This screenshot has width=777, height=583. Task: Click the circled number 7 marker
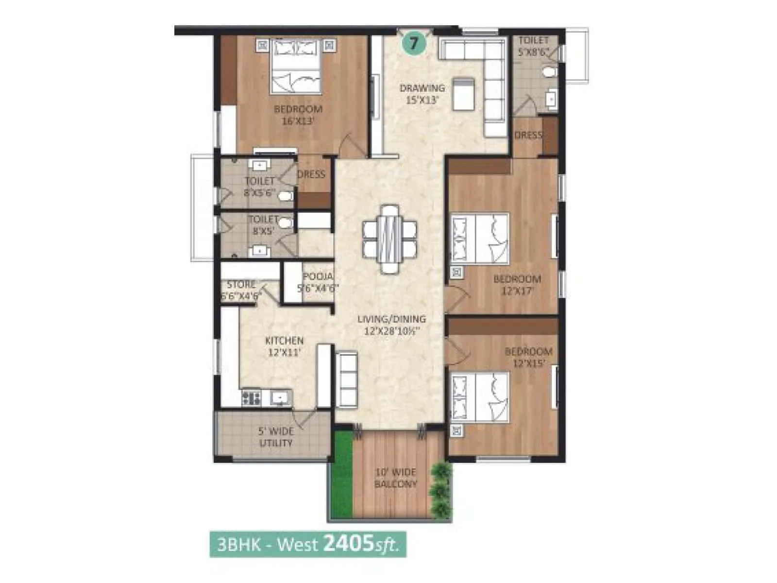click(x=414, y=44)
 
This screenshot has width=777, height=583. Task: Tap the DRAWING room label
click(x=422, y=88)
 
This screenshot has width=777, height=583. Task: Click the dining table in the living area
click(x=390, y=239)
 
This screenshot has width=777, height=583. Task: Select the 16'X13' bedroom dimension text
click(x=298, y=121)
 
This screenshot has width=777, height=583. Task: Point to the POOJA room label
click(x=318, y=276)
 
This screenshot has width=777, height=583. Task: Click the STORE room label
click(x=241, y=284)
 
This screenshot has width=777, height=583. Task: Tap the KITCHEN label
click(x=284, y=341)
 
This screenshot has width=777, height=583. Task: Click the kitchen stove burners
click(x=251, y=398)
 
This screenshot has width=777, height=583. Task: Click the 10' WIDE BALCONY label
click(x=396, y=478)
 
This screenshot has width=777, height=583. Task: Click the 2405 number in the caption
click(x=348, y=544)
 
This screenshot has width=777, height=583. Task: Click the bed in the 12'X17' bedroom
click(x=480, y=239)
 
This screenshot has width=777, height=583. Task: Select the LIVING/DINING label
click(x=391, y=319)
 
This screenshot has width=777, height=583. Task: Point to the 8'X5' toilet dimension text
click(x=264, y=231)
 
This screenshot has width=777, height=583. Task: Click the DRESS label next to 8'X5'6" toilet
click(x=311, y=174)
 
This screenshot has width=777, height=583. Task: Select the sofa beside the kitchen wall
click(x=347, y=380)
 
